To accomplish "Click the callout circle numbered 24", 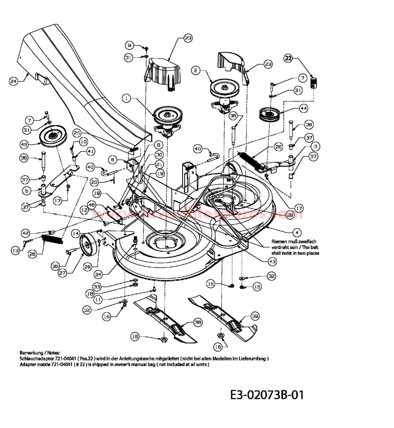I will pos(13,81).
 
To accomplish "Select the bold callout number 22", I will pos(288,58).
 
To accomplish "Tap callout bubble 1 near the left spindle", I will pos(127,99).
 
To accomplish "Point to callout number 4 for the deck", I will pos(297,233).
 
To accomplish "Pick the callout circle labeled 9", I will pos(129,45).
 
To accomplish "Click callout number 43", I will pos(272,262).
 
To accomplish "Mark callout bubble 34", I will pos(98,275).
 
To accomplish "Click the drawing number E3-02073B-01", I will pos(267,395).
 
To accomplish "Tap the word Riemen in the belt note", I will pos(278,241).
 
